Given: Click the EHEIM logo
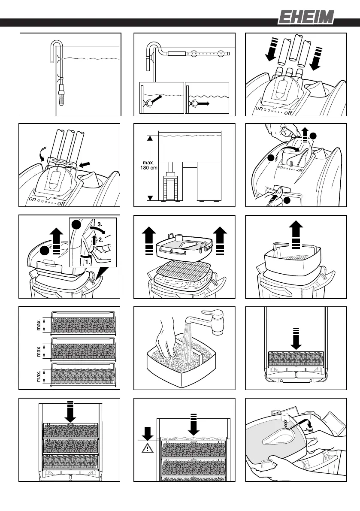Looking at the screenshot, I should tap(305, 18).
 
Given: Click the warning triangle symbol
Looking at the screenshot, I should tap(147, 449).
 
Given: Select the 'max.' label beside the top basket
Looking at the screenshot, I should tap(40, 325).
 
